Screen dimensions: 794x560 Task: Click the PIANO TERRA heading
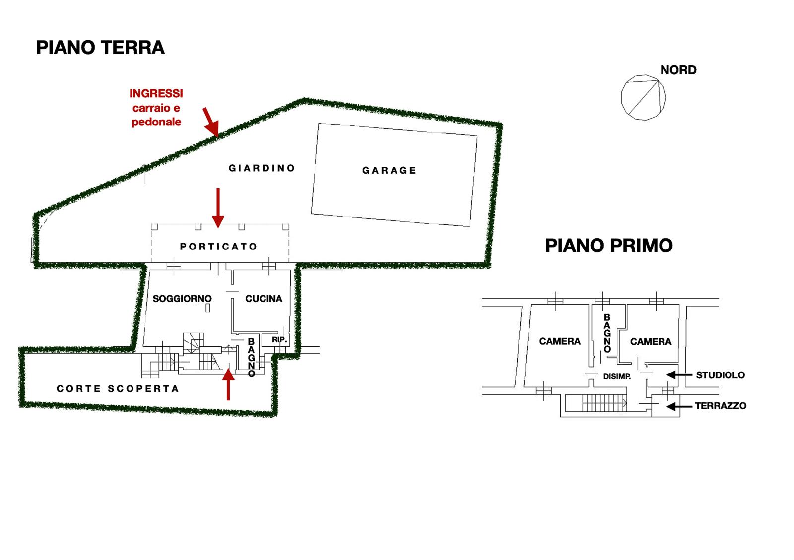tap(100, 48)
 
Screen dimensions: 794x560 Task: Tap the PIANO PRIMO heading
tap(608, 246)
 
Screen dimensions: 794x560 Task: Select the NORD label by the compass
tap(678, 70)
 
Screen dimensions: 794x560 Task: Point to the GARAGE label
tap(389, 170)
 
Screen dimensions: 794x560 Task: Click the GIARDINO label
tap(262, 168)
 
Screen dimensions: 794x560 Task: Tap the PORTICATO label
tap(218, 247)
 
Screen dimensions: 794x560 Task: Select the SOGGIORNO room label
tap(182, 299)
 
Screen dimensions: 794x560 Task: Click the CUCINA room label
tap(264, 299)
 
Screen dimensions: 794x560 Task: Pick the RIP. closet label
tap(279, 340)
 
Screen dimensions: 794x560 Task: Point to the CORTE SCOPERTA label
tap(118, 389)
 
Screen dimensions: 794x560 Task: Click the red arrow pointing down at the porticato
tap(218, 208)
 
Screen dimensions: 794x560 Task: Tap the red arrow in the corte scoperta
tap(228, 384)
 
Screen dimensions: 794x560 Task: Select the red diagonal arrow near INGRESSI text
tap(210, 122)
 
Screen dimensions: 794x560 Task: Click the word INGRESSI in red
tap(156, 94)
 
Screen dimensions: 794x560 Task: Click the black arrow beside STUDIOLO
tap(679, 375)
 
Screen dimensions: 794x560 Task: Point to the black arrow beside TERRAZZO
tap(679, 406)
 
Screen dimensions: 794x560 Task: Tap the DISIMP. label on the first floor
tap(617, 376)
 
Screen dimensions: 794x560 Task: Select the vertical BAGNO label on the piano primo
tap(607, 333)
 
